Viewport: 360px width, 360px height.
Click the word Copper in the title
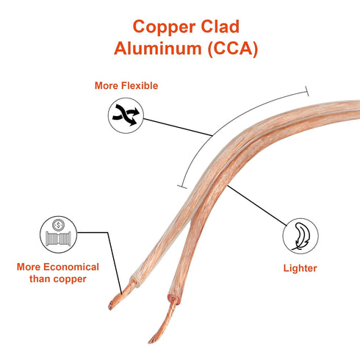[164, 28]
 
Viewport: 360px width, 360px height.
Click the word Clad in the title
[220, 26]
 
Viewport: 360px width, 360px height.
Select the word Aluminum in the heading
[157, 48]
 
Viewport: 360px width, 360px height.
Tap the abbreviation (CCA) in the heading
[233, 48]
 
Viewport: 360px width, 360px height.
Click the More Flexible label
[126, 86]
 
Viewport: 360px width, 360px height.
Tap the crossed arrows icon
[126, 115]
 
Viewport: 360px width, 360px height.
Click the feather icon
[300, 236]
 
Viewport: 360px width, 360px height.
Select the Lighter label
[300, 268]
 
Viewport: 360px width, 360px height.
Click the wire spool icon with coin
[58, 234]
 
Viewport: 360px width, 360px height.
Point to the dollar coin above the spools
[58, 225]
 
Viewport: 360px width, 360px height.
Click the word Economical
[71, 267]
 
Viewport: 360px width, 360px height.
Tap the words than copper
[58, 279]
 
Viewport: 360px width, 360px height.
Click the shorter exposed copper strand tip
[111, 306]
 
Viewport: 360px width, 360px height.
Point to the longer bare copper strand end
[152, 340]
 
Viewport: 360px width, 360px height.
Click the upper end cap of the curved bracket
[306, 91]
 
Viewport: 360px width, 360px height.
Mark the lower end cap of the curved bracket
[182, 187]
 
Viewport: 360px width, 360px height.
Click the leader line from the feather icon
[256, 206]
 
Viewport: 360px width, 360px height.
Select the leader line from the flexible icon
[178, 127]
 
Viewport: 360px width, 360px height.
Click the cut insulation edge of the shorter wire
[135, 281]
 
